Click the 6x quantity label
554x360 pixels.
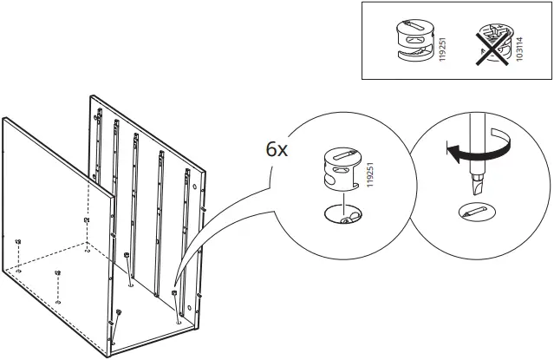tap(277, 150)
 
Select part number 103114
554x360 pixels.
tap(519, 49)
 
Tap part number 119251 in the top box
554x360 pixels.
tap(442, 49)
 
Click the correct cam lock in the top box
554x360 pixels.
tap(414, 41)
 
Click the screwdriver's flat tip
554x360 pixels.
tap(477, 187)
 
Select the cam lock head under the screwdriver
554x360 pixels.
tap(477, 212)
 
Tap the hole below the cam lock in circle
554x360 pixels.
tap(342, 214)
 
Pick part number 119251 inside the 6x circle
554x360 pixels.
tap(370, 174)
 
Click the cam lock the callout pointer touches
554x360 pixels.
tap(174, 293)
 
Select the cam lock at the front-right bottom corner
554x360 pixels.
tap(119, 312)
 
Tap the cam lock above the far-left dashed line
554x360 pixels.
tap(18, 242)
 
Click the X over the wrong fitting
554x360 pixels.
tap(492, 47)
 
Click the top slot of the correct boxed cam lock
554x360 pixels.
tap(415, 26)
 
